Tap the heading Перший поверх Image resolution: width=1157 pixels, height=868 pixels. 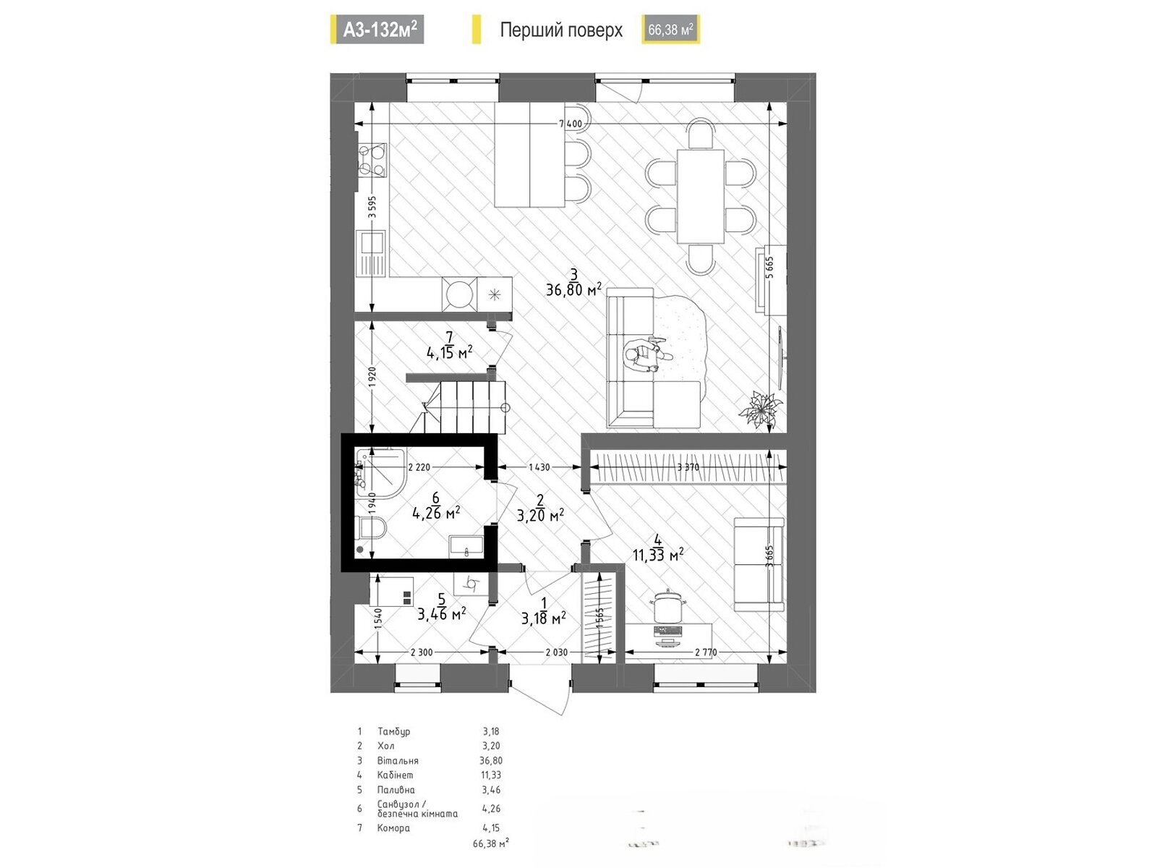pyautogui.click(x=561, y=30)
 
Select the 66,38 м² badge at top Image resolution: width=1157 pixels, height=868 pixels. pyautogui.click(x=670, y=30)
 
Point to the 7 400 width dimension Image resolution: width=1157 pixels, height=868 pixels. pyautogui.click(x=570, y=124)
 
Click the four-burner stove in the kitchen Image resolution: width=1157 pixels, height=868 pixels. pyautogui.click(x=372, y=161)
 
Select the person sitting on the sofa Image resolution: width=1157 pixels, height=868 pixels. pyautogui.click(x=644, y=357)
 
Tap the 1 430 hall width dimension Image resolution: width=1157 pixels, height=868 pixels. pyautogui.click(x=539, y=467)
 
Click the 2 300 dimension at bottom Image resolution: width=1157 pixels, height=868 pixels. pyautogui.click(x=422, y=652)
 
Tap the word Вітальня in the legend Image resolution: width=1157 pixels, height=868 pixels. pyautogui.click(x=398, y=760)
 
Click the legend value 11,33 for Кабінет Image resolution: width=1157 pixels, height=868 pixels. pyautogui.click(x=491, y=775)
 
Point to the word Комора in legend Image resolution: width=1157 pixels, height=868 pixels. pyautogui.click(x=393, y=828)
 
